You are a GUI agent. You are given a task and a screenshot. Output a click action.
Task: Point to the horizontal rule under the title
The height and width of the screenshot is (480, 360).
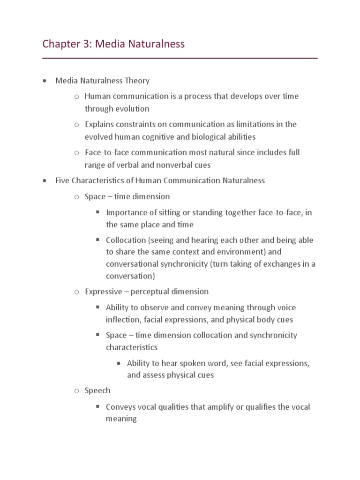click(x=180, y=58)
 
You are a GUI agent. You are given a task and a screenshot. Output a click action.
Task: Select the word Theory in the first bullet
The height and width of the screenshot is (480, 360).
click(x=137, y=81)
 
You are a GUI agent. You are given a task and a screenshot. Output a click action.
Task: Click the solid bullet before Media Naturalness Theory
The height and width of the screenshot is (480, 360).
click(x=44, y=81)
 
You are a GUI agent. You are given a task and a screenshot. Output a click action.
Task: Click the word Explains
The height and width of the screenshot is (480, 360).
click(x=100, y=124)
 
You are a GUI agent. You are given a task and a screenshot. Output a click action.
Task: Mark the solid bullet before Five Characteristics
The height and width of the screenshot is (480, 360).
click(x=44, y=181)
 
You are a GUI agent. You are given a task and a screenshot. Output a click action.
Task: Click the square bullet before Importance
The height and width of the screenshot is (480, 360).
click(x=98, y=212)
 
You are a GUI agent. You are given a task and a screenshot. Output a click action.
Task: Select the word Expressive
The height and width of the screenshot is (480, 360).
click(x=103, y=292)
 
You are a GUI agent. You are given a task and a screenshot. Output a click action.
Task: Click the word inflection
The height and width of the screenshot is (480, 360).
click(x=122, y=320)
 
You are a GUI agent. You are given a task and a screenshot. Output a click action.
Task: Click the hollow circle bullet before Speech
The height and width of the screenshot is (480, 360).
click(x=77, y=391)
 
